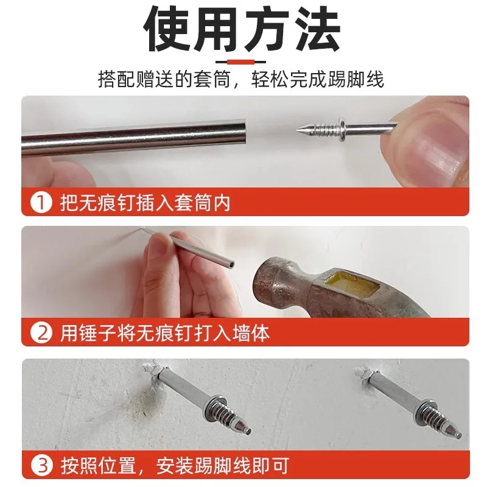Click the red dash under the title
[243, 61]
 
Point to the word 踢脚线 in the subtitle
[357, 79]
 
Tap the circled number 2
[41, 333]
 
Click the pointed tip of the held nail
[297, 129]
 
